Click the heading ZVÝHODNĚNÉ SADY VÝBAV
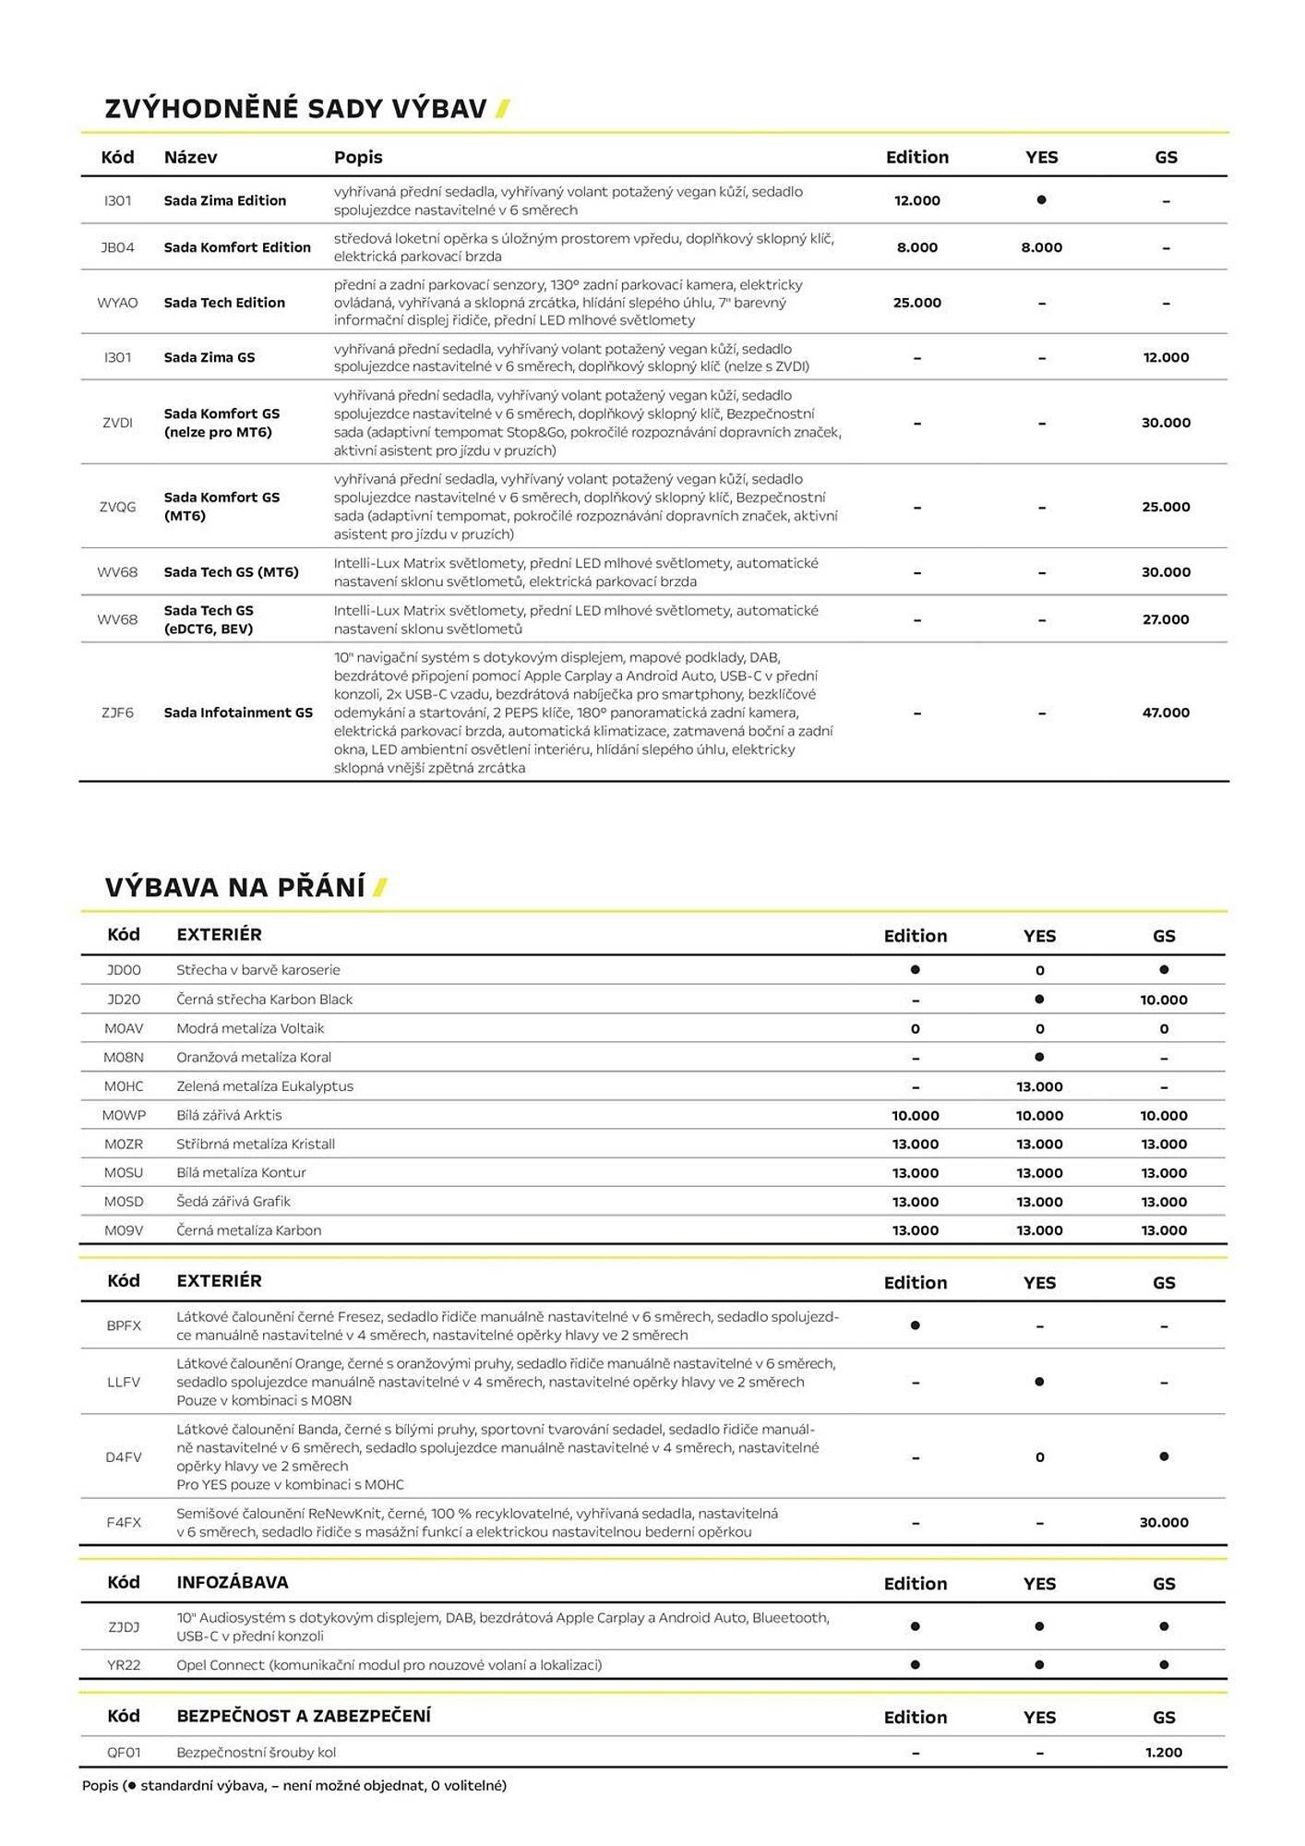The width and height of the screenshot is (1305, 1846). [295, 109]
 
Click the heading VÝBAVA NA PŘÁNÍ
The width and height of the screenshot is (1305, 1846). [235, 887]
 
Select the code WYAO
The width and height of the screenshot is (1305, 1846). [117, 303]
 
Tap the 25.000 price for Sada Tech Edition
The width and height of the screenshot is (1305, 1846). [916, 303]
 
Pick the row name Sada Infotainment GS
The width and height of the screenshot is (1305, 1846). [238, 713]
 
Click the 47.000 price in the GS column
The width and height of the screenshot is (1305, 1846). [1166, 713]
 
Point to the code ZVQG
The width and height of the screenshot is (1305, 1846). [117, 507]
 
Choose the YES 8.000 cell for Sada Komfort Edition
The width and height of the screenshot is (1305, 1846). [1041, 247]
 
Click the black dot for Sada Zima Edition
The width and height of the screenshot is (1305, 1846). [1041, 200]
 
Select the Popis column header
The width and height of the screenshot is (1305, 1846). [358, 157]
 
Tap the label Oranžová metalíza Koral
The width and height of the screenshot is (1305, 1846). [254, 1057]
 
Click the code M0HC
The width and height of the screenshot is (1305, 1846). [124, 1086]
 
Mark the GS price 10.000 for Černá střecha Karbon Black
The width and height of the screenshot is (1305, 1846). [1164, 1000]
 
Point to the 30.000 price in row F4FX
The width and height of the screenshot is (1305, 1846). [1164, 1522]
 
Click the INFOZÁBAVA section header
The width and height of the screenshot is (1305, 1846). [233, 1582]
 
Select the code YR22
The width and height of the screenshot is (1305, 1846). [124, 1664]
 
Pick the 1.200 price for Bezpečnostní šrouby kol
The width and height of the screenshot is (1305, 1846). [1164, 1752]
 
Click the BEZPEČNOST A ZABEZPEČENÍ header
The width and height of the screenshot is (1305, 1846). [304, 1716]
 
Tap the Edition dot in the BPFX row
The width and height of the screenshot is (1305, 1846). [915, 1325]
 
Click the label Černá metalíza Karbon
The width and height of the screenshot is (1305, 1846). [249, 1230]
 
